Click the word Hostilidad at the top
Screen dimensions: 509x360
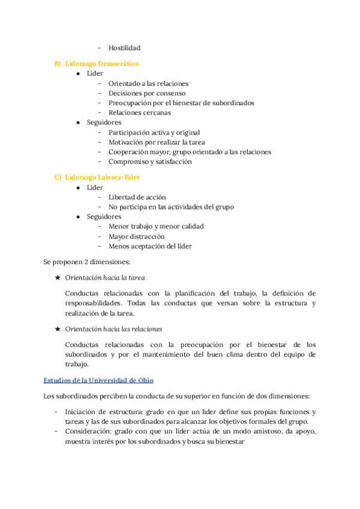[x=125, y=48]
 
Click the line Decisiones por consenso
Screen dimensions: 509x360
[x=147, y=93]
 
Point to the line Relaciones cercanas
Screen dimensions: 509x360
[x=139, y=112]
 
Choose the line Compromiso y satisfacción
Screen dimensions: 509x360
[x=150, y=161]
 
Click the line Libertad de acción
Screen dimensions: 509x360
[x=137, y=197]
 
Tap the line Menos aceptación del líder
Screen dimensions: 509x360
[x=150, y=246]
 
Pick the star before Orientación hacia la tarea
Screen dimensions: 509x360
[x=57, y=278]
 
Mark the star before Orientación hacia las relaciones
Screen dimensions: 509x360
[x=57, y=329]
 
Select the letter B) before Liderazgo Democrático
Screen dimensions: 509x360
[x=58, y=63]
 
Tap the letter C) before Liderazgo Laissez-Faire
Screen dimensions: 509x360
[x=58, y=177]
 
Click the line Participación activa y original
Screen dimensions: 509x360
[x=154, y=132]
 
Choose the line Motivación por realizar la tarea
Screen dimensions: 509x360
[x=157, y=142]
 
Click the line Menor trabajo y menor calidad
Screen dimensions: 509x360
[x=156, y=226]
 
